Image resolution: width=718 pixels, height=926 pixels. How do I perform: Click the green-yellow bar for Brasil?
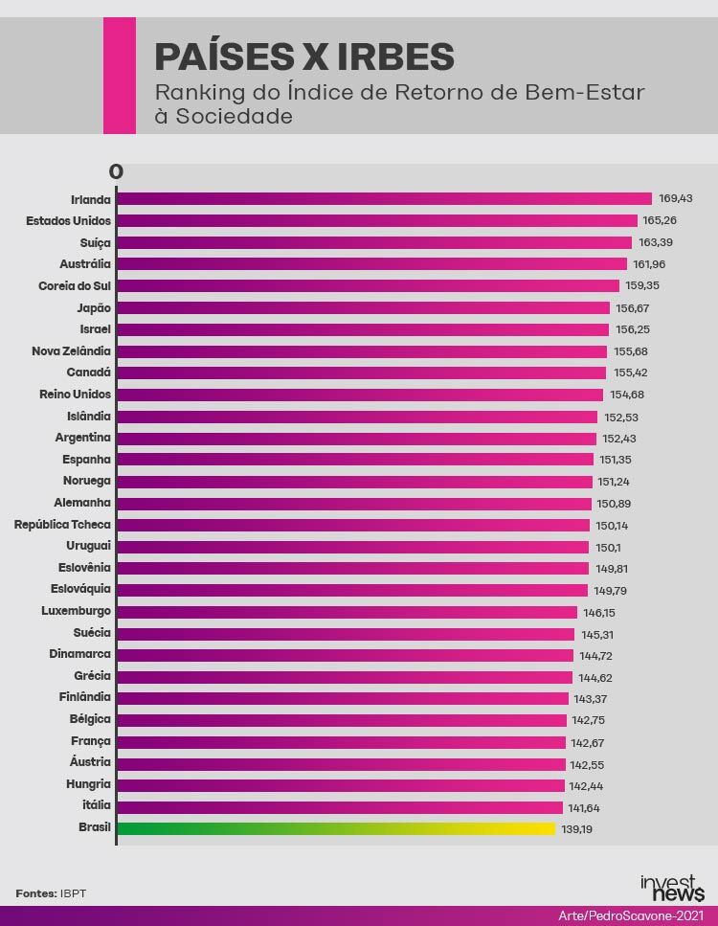point(335,828)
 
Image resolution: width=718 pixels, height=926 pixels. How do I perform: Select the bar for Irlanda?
point(383,199)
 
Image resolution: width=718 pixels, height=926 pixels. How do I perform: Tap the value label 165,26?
point(660,220)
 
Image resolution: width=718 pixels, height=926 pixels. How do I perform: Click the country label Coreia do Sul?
point(75,285)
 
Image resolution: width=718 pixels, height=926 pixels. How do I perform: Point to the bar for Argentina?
point(355,438)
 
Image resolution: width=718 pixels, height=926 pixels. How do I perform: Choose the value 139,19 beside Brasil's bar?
point(577,829)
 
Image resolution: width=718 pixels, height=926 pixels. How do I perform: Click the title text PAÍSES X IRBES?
point(303,57)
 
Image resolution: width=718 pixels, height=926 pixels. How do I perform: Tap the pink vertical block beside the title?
point(119,76)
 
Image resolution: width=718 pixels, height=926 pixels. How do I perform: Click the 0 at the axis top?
point(116,172)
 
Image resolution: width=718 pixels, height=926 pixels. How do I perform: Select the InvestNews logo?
point(673,887)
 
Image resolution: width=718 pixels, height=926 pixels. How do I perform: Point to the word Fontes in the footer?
point(35,893)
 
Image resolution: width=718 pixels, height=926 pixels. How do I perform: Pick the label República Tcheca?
point(62,525)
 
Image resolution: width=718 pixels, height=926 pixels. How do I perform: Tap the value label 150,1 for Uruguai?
point(608,547)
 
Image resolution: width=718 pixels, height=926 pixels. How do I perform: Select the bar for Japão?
point(363,307)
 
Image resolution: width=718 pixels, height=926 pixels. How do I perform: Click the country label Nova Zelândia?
point(72,350)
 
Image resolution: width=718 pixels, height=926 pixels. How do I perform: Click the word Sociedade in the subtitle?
point(233,117)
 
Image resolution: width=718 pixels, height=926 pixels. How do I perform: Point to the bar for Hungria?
point(340,785)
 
